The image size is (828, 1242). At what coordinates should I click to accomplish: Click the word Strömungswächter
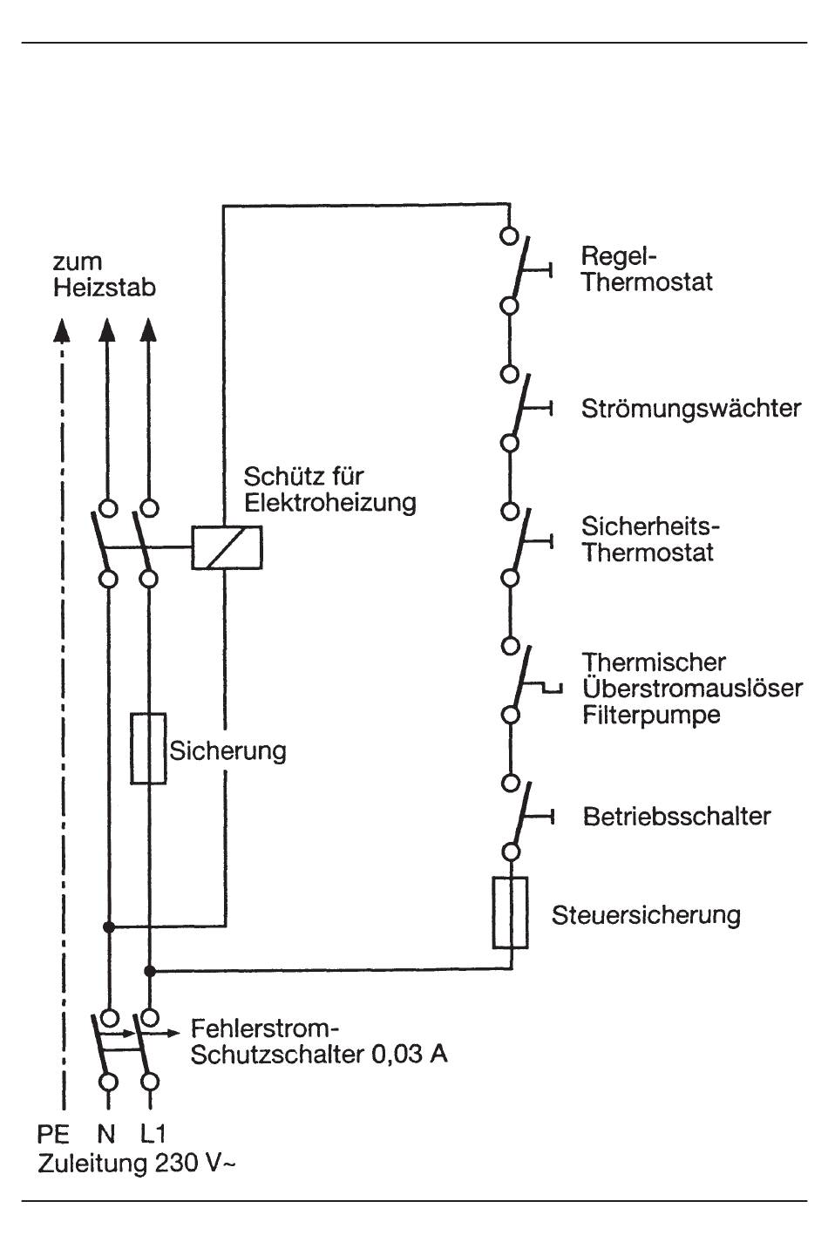pyautogui.click(x=691, y=409)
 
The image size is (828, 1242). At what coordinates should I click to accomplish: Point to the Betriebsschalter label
pyautogui.click(x=676, y=817)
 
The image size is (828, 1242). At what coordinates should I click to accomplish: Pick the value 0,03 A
pyautogui.click(x=410, y=1054)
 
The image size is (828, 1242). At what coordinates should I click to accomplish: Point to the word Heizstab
pyautogui.click(x=105, y=288)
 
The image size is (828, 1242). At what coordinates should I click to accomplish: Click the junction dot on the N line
pyautogui.click(x=109, y=926)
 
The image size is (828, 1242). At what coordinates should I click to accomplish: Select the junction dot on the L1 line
pyautogui.click(x=149, y=971)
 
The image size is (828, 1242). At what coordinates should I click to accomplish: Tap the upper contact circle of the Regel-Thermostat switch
pyautogui.click(x=509, y=235)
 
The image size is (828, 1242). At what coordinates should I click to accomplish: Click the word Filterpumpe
pyautogui.click(x=651, y=715)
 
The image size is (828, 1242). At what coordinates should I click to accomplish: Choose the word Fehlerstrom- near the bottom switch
pyautogui.click(x=265, y=1029)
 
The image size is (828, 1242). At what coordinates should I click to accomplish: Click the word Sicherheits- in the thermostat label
pyautogui.click(x=650, y=526)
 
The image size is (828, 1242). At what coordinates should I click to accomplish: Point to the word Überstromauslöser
pyautogui.click(x=693, y=688)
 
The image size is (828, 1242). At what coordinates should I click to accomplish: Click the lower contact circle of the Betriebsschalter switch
pyautogui.click(x=510, y=852)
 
